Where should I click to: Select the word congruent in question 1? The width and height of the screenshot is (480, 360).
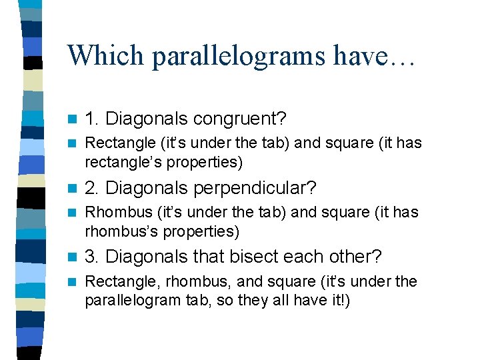pos(239,119)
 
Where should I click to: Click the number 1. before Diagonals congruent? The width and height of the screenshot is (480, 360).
pos(93,119)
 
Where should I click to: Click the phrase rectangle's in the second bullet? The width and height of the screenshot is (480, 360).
pos(119,162)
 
